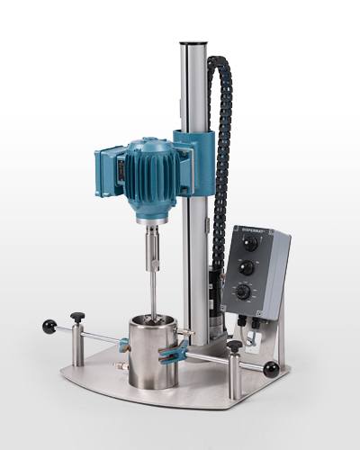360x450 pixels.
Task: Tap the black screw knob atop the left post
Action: coord(77,316)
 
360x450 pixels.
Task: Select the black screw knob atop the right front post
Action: coord(235,345)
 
